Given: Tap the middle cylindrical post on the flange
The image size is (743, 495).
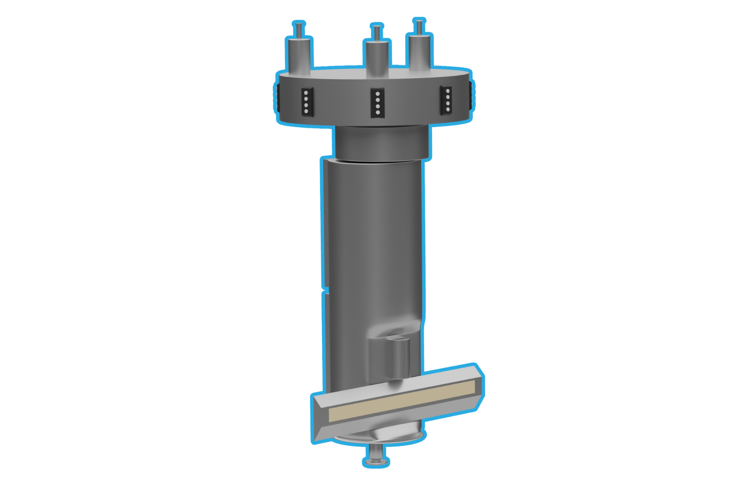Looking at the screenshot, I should point(377,58).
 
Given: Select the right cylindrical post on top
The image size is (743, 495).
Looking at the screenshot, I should point(419,52).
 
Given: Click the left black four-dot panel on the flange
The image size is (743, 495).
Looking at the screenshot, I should point(306,102).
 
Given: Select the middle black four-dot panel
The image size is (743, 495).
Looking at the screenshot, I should point(377,102).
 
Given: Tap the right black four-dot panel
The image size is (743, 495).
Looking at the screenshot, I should point(447,100).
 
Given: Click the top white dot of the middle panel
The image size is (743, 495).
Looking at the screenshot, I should point(377,94).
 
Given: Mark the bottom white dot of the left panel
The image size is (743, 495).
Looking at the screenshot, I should point(306,111).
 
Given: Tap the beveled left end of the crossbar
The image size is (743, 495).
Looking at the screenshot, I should point(319,420).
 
